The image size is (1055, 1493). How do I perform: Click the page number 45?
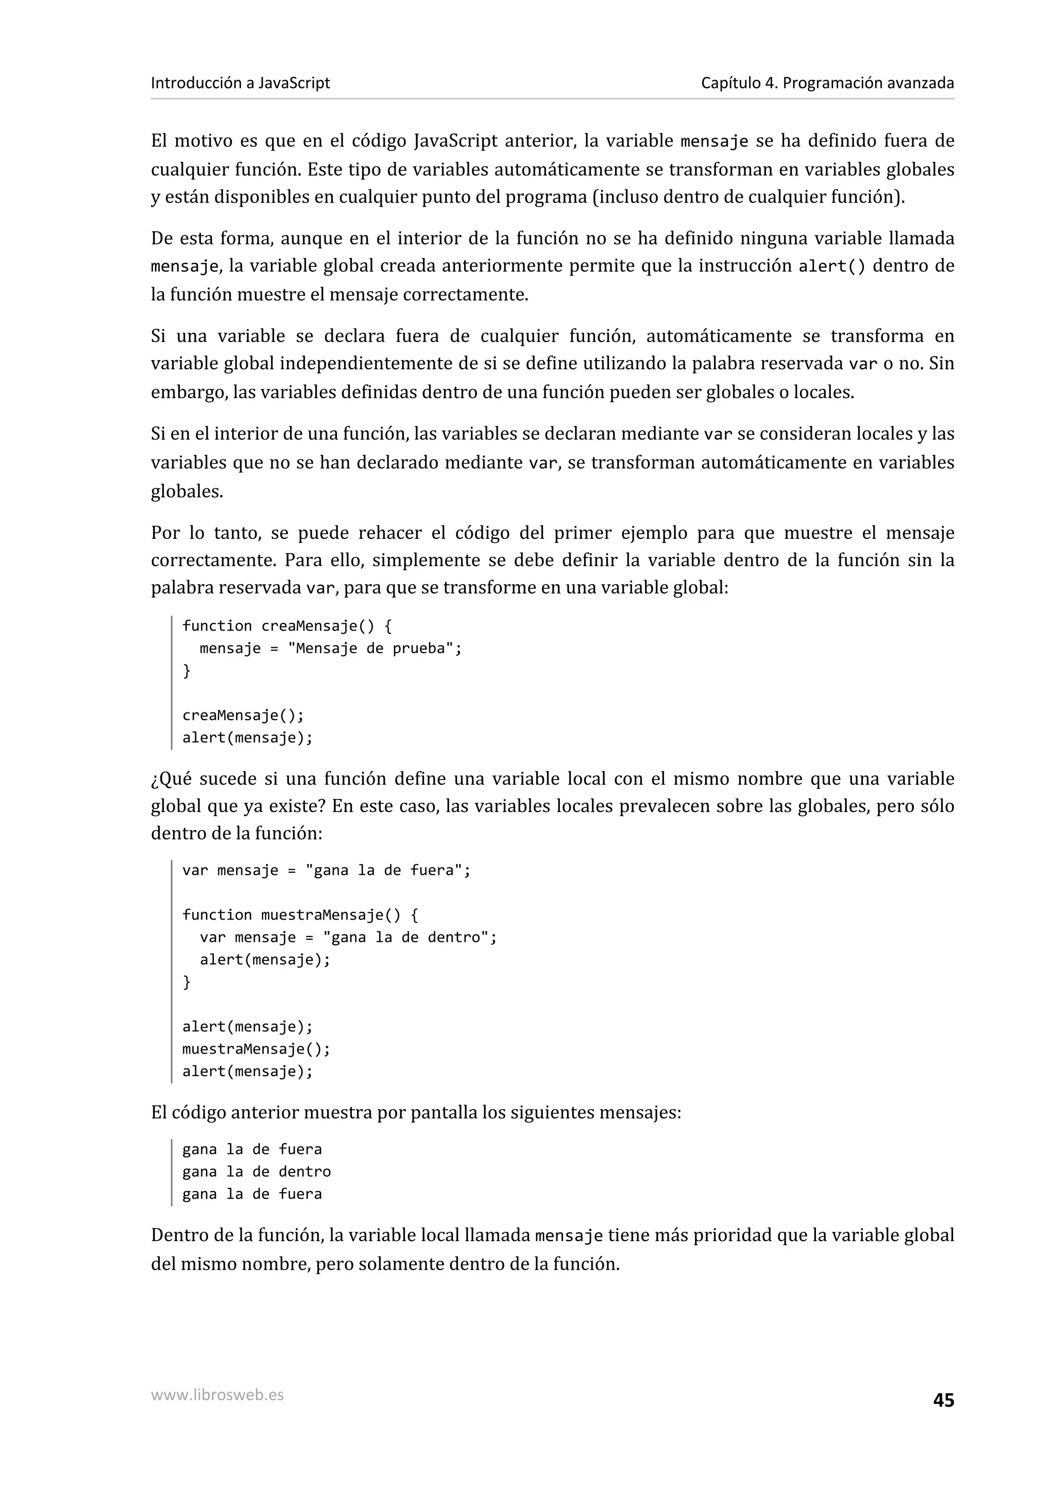[x=943, y=1400]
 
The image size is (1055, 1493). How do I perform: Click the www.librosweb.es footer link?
[x=217, y=1395]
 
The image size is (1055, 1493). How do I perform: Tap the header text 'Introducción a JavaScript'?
[x=240, y=83]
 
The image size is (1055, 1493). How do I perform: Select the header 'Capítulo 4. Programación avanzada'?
[x=827, y=83]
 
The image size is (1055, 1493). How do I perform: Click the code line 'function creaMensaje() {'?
[x=286, y=625]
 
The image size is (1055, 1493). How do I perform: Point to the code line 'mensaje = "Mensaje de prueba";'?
[x=330, y=648]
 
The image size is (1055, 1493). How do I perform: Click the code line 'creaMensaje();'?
[x=243, y=715]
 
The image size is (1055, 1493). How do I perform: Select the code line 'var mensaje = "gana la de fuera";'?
[x=326, y=870]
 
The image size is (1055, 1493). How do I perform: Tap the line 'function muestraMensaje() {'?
[x=300, y=915]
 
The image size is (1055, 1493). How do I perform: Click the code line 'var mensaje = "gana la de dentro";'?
[x=348, y=937]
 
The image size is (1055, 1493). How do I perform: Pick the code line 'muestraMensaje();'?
[x=256, y=1049]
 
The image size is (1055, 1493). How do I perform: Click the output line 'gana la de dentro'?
[x=256, y=1172]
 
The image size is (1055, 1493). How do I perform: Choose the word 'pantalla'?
[x=444, y=1113]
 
